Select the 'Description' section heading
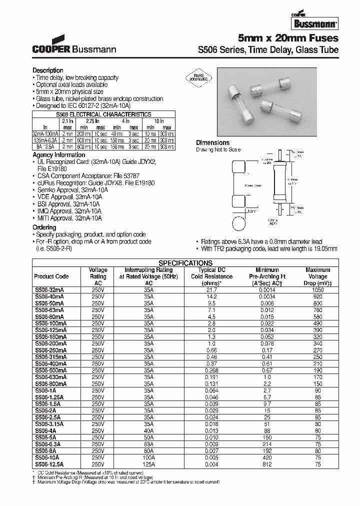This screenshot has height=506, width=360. tap(48, 70)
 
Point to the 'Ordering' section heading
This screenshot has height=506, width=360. tap(44, 227)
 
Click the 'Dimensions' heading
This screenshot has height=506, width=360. tap(212, 142)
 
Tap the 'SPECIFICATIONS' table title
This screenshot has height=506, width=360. tap(185, 263)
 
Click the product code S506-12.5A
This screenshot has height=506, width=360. tap(50, 463)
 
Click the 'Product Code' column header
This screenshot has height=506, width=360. tap(51, 276)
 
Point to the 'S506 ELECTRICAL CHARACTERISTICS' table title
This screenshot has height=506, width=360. tap(104, 114)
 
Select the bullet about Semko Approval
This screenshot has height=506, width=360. tap(68, 190)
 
